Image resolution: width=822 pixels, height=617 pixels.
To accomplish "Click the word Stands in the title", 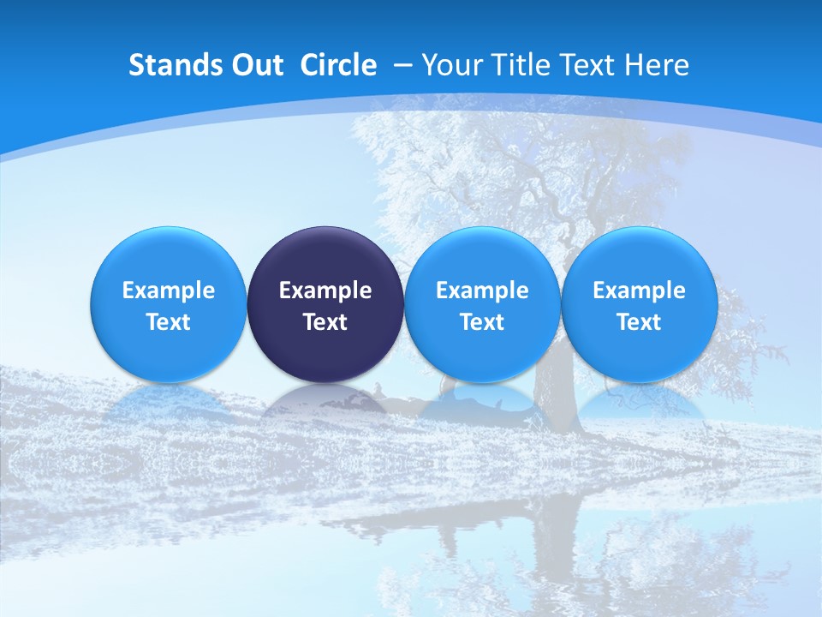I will pos(170,65).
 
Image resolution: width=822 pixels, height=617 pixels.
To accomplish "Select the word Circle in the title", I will pos(338,65).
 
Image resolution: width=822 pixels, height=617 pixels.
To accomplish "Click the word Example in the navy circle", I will pos(325,291).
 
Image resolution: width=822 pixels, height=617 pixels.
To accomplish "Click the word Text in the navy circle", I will pos(325,322).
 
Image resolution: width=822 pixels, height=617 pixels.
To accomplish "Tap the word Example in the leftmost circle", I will pos(169,291).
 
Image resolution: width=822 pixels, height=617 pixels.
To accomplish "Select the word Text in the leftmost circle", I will pos(169,322).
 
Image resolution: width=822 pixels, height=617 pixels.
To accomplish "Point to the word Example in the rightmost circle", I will pos(639,291).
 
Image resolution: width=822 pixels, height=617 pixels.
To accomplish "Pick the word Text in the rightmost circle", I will pos(639,322).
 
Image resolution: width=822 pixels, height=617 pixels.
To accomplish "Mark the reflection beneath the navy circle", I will pos(325,399).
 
